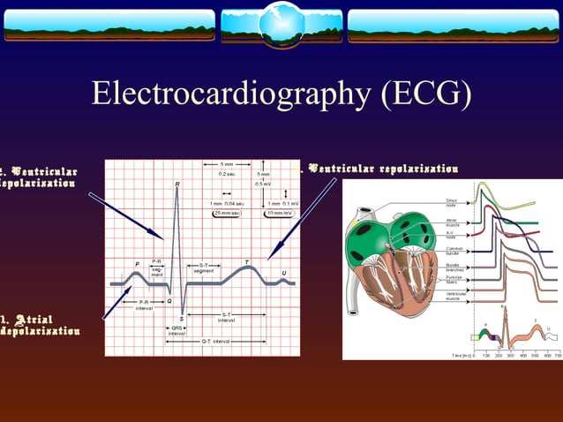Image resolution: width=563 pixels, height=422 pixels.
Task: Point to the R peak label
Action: [177, 185]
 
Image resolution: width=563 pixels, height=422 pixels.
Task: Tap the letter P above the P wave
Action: [137, 264]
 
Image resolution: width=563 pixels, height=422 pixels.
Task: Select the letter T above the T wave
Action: [246, 261]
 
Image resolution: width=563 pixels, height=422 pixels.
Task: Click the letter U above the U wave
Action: [283, 273]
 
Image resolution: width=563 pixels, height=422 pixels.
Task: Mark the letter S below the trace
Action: [182, 318]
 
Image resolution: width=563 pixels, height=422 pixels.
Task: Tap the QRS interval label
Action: [176, 330]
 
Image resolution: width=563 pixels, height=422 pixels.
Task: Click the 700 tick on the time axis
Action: [557, 354]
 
